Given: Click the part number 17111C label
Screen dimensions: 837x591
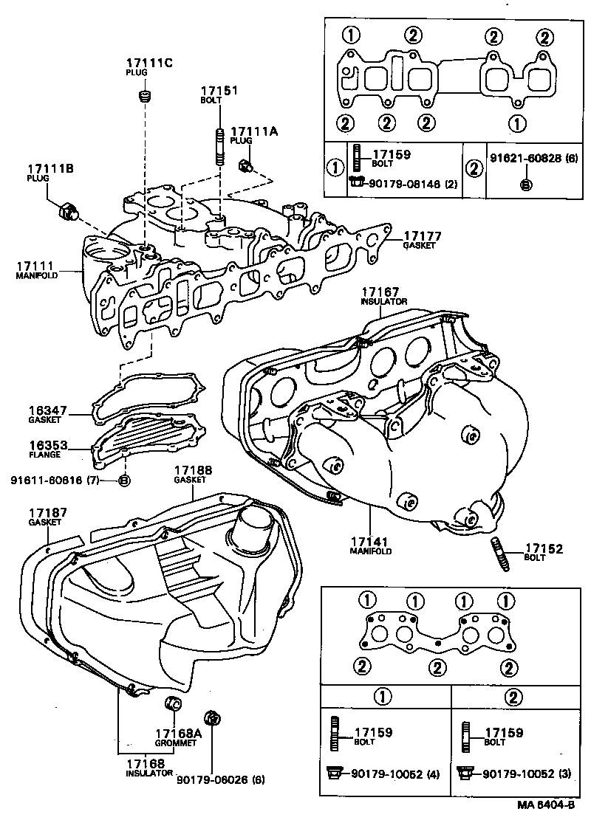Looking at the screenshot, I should (x=148, y=63).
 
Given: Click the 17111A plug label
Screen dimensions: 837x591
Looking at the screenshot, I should (x=253, y=131).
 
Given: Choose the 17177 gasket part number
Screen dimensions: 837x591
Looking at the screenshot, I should (x=422, y=235).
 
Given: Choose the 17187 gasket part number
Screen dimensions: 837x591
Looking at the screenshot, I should (x=49, y=512).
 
